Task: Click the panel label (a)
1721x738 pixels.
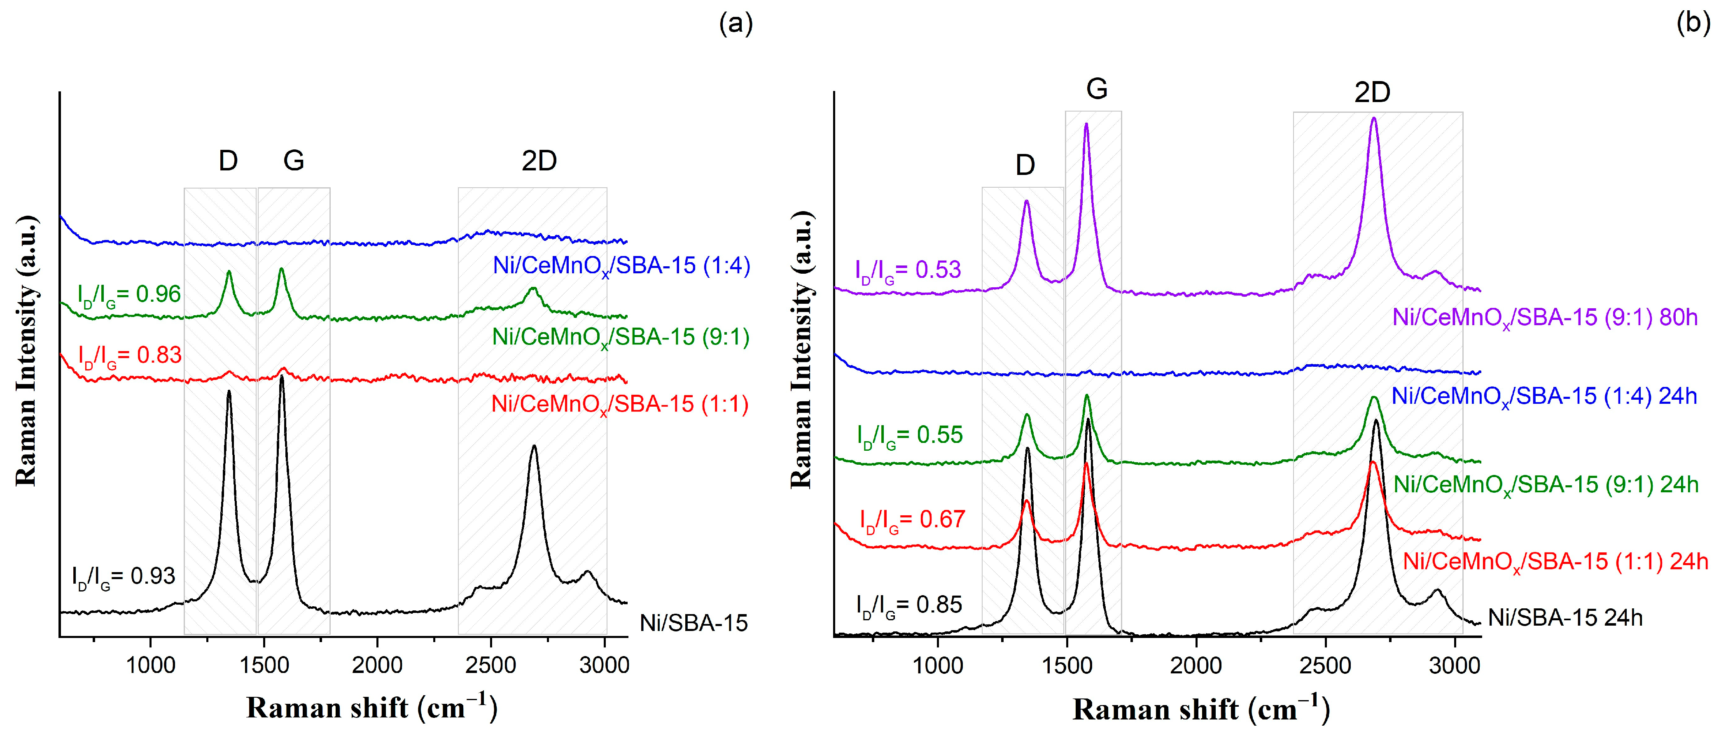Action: point(736,24)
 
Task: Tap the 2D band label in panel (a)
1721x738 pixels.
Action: point(539,161)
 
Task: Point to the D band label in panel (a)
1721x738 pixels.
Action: point(228,161)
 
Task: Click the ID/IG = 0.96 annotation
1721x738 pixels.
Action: point(129,295)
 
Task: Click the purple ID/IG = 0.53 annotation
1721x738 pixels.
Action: point(908,270)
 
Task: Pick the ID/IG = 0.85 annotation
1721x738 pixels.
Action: point(909,605)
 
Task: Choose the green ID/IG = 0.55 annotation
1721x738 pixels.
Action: point(910,435)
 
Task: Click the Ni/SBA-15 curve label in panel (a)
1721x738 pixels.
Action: point(694,623)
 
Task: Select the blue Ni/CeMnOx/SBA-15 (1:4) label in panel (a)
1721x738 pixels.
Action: point(621,266)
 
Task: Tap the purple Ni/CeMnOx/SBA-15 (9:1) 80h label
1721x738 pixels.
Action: point(1545,318)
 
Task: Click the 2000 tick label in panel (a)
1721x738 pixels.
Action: point(378,665)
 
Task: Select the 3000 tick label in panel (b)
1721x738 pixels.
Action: point(1455,666)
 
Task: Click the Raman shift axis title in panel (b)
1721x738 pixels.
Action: point(1200,709)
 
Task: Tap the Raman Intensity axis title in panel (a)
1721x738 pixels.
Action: point(27,351)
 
